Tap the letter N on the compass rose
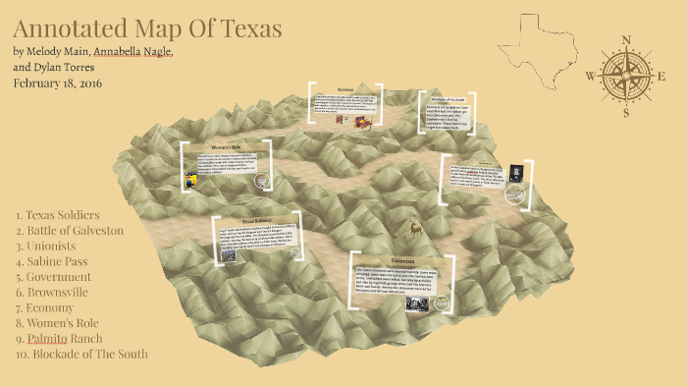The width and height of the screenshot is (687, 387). pyautogui.click(x=625, y=40)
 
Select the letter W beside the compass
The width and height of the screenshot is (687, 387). pyautogui.click(x=590, y=76)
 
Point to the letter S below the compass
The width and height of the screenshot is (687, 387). pyautogui.click(x=625, y=112)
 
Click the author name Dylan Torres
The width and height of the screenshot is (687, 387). pyautogui.click(x=81, y=67)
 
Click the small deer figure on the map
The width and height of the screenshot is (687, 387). pyautogui.click(x=416, y=229)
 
